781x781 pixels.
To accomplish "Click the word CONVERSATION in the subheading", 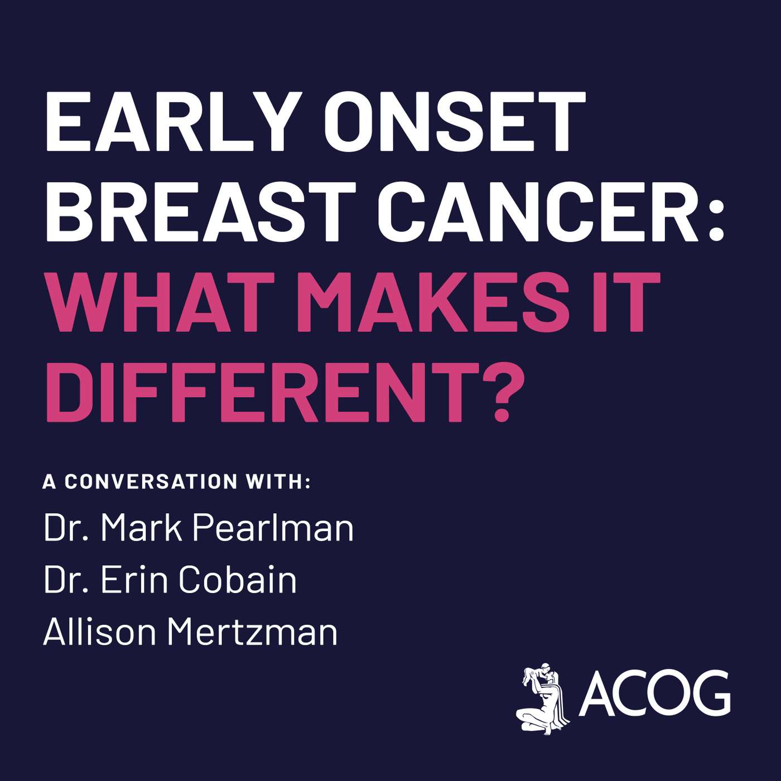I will click(x=151, y=481).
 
